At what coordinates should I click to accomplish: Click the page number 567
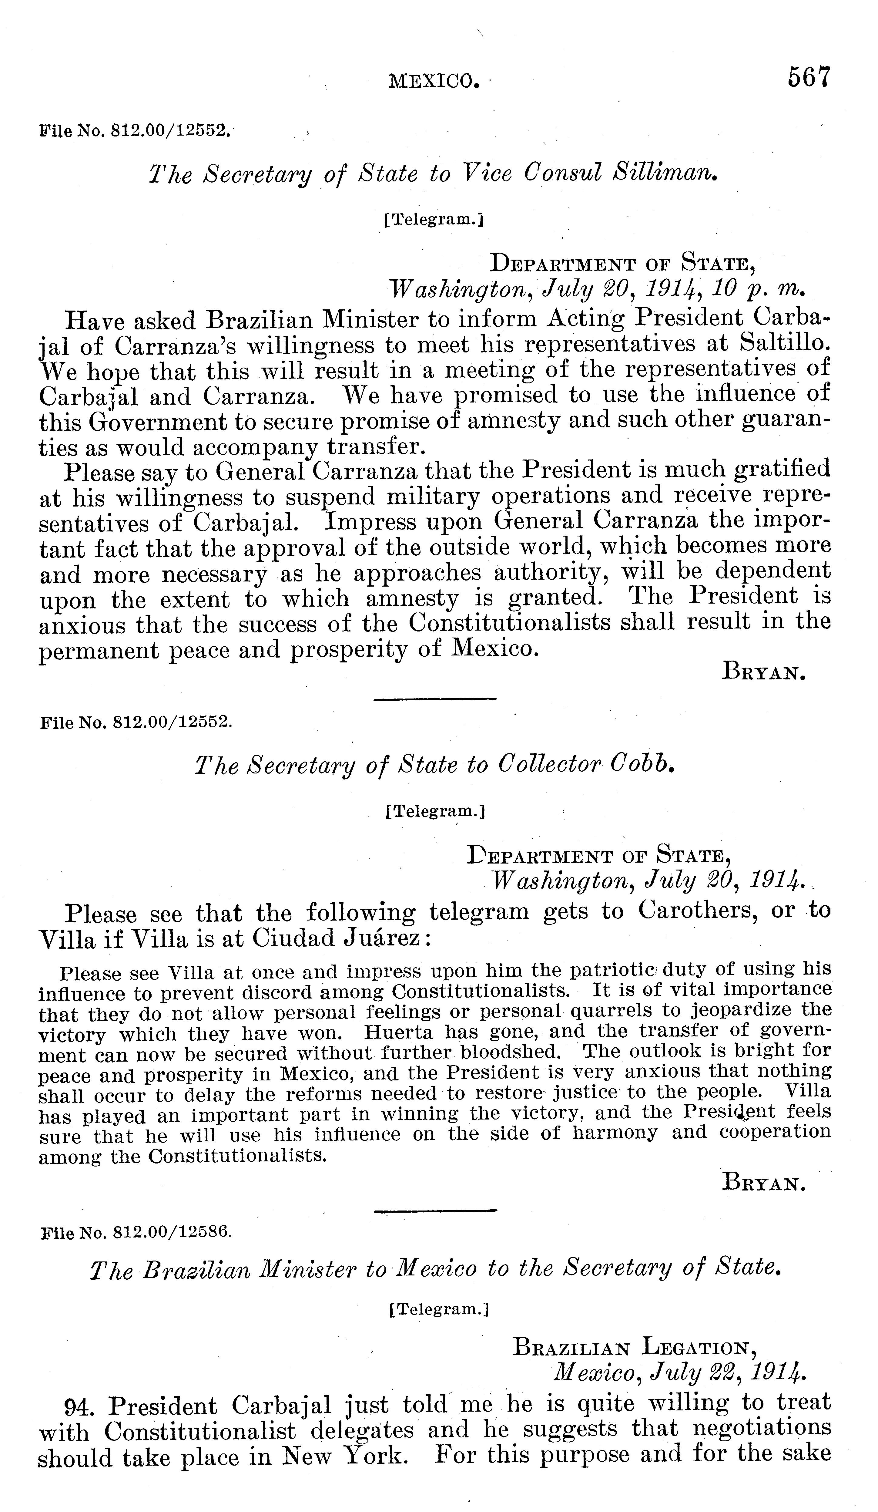click(x=809, y=78)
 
